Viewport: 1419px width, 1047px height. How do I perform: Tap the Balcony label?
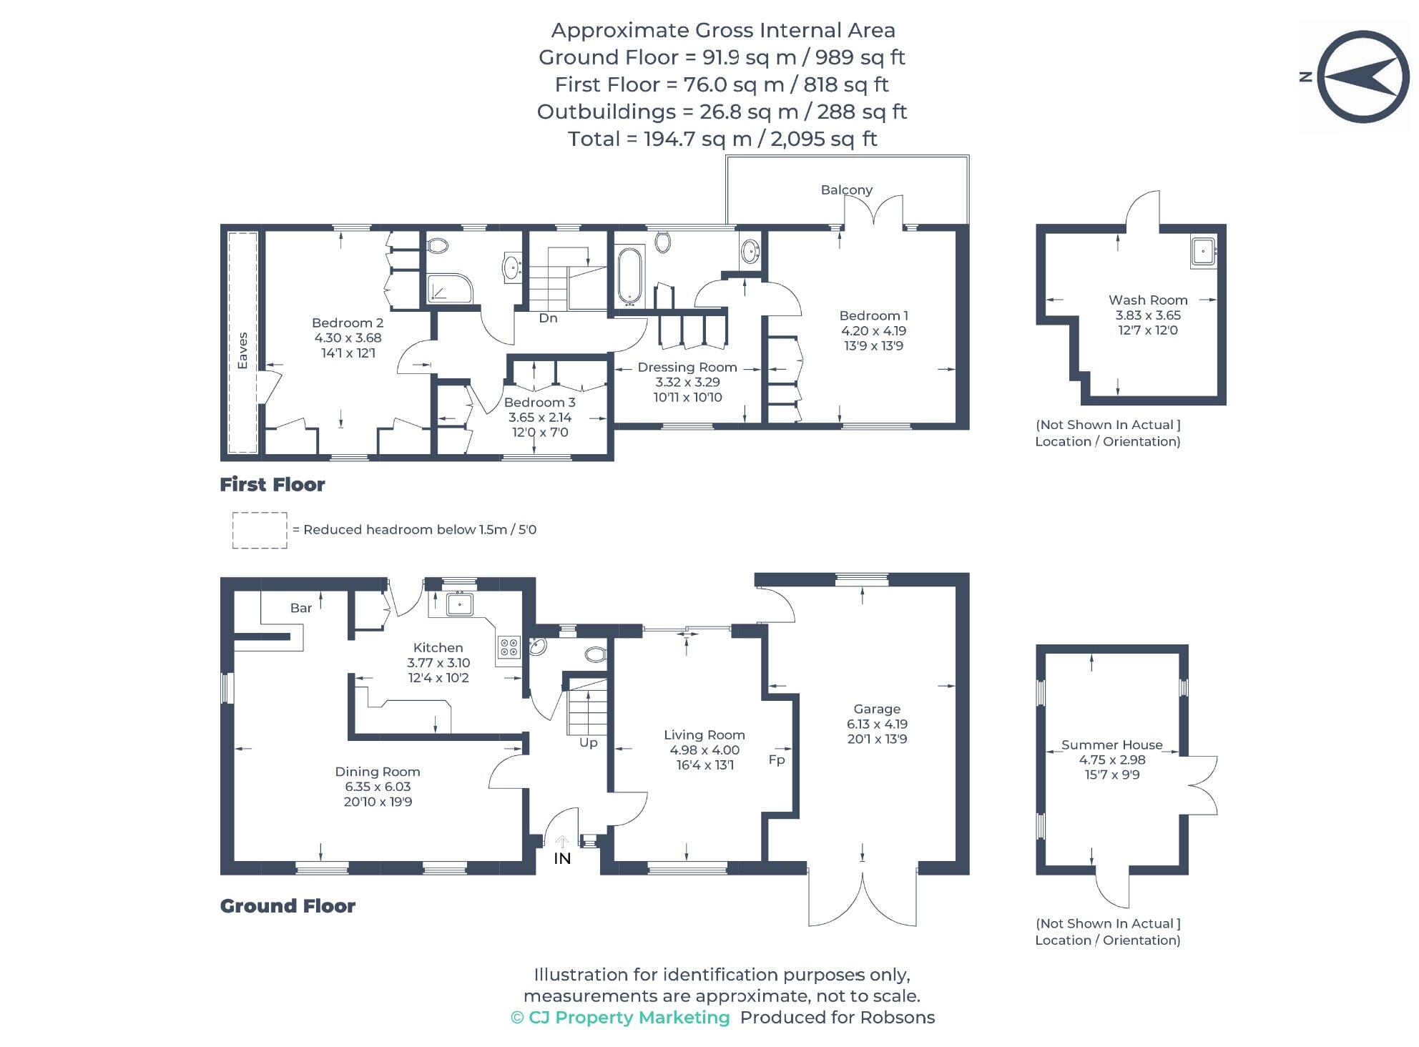click(846, 190)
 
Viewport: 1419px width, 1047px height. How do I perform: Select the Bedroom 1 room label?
click(873, 315)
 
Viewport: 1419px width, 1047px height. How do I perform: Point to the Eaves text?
click(242, 350)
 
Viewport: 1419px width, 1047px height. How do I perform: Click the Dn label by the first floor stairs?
click(548, 318)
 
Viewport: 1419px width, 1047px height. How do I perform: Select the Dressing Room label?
click(687, 367)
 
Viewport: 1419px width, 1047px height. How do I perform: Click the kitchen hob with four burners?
click(509, 647)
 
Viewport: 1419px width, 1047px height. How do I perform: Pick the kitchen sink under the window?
click(458, 604)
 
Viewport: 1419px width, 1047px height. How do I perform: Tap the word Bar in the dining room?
click(300, 608)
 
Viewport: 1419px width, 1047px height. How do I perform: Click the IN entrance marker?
click(562, 858)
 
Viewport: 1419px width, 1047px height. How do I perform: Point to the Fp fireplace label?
click(776, 760)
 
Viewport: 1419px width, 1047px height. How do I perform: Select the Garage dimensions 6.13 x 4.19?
click(877, 724)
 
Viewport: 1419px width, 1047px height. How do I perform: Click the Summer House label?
click(1111, 744)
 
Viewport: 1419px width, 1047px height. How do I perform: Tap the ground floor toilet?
click(595, 654)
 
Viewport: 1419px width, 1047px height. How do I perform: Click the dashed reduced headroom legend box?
click(260, 530)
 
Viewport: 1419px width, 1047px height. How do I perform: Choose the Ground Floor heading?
click(288, 906)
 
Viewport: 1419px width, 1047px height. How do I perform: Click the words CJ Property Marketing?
click(628, 1018)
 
